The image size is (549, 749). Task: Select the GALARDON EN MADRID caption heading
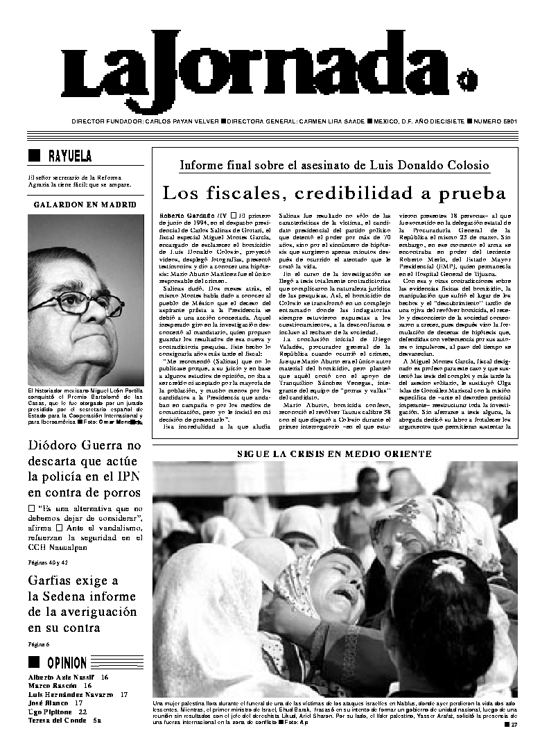pyautogui.click(x=85, y=205)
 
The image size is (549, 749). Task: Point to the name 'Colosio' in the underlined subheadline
pyautogui.click(x=464, y=166)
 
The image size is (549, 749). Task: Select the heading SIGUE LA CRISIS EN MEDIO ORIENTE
pyautogui.click(x=334, y=454)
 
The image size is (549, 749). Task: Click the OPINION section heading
pyautogui.click(x=67, y=662)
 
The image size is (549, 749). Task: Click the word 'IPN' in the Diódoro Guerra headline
pyautogui.click(x=125, y=475)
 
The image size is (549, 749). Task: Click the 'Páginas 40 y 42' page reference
pyautogui.click(x=48, y=562)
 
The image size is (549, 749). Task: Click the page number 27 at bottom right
pyautogui.click(x=514, y=725)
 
